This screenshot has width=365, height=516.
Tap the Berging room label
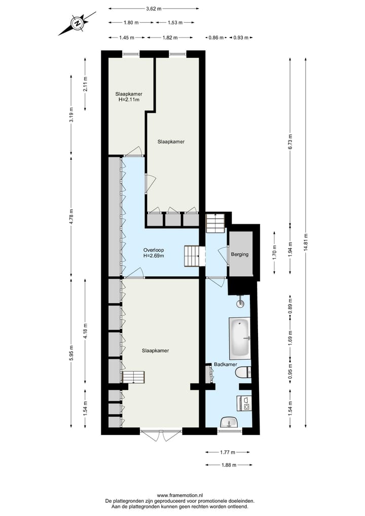240,254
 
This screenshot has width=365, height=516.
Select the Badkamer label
225,364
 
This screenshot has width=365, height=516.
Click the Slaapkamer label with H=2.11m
129,97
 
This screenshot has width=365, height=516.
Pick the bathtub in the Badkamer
239,337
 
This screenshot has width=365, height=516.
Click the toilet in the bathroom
243,373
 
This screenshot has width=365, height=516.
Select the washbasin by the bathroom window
229,422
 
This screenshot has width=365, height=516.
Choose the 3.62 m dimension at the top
154,9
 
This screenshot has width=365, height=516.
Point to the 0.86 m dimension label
217,38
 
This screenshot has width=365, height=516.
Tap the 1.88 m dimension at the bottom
227,464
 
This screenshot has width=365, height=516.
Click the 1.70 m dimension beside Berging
274,252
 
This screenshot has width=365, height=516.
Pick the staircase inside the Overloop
193,256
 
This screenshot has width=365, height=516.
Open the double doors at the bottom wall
161,435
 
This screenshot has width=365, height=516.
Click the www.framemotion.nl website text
180,495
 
